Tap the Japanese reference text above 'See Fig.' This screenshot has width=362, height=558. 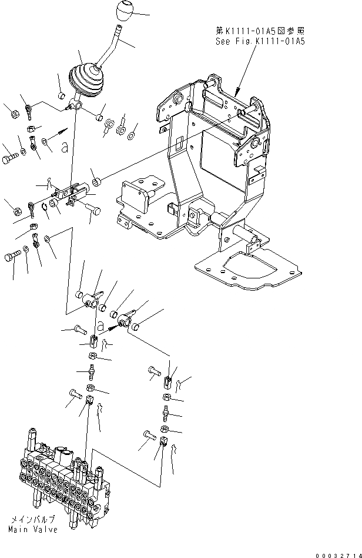261,31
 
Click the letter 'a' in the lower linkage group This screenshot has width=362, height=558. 100,325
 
